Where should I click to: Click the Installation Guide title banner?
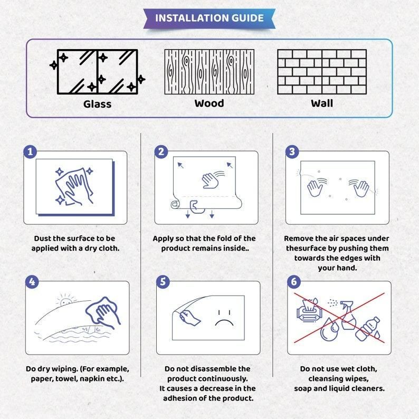(x=209, y=18)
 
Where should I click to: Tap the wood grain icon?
(x=209, y=71)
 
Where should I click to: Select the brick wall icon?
(x=322, y=71)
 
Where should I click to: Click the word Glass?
(x=97, y=104)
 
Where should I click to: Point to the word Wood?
(x=209, y=103)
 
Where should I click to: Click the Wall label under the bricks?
(x=321, y=103)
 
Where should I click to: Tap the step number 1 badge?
(x=31, y=152)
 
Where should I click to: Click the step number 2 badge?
(x=161, y=152)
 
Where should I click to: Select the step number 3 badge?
(x=292, y=152)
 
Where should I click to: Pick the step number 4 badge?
(x=32, y=282)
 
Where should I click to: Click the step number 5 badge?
(x=163, y=282)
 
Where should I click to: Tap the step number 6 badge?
(x=294, y=282)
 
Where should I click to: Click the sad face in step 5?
(x=224, y=318)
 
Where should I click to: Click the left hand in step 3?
(x=316, y=187)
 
